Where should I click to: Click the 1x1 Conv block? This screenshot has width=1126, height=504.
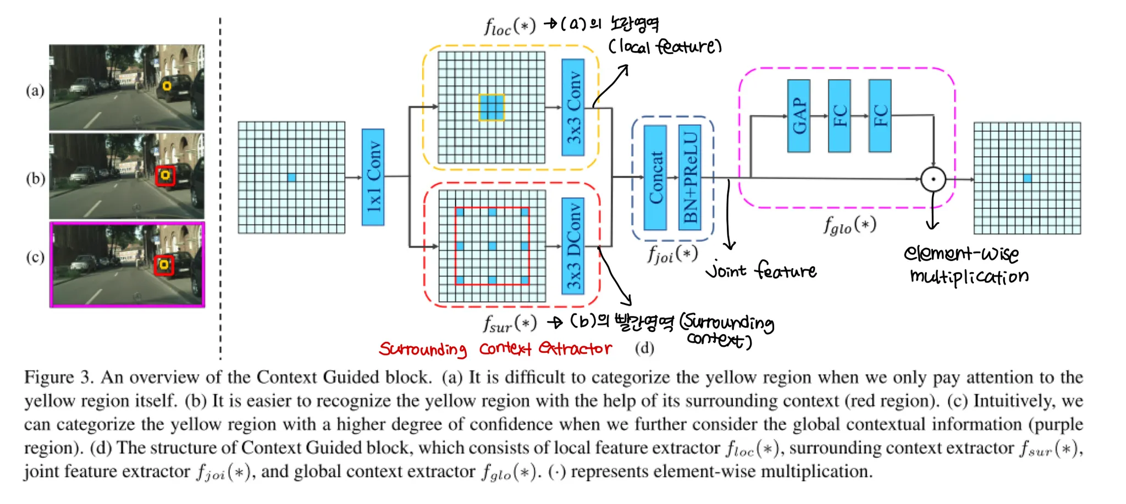point(373,177)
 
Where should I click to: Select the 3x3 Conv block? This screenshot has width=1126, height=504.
point(573,108)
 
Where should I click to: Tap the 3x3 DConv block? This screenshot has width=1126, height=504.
point(573,246)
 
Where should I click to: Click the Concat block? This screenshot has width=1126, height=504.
point(655,178)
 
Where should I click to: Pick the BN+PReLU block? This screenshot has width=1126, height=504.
point(690,178)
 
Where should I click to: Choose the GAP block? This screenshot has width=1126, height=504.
point(798,116)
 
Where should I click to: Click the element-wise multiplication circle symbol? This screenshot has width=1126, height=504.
point(933,179)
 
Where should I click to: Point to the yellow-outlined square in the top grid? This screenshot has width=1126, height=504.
point(492,107)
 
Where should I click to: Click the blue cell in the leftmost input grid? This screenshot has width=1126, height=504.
point(291,178)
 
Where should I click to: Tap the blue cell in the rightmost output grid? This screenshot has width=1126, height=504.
point(1027,178)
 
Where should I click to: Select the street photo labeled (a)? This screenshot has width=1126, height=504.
point(126,88)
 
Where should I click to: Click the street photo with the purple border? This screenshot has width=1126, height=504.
point(127,264)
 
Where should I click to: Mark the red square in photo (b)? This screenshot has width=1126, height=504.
point(164,176)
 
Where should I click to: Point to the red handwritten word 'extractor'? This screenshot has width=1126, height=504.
point(575,348)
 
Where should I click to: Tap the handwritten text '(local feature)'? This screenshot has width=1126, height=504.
point(665,47)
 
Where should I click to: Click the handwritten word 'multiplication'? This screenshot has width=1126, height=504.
point(969,276)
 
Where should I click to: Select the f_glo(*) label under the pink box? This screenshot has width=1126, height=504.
point(849,225)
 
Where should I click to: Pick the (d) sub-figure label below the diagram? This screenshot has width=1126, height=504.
point(644,348)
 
